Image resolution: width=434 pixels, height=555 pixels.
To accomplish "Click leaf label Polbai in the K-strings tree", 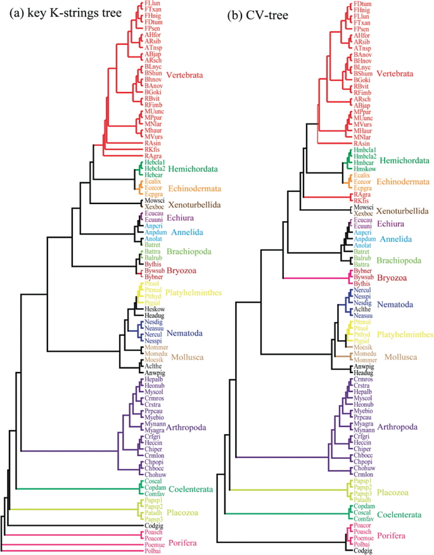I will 152,551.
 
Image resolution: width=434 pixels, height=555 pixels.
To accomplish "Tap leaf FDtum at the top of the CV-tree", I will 362,4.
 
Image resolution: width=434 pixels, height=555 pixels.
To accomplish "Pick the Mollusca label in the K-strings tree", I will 188,357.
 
